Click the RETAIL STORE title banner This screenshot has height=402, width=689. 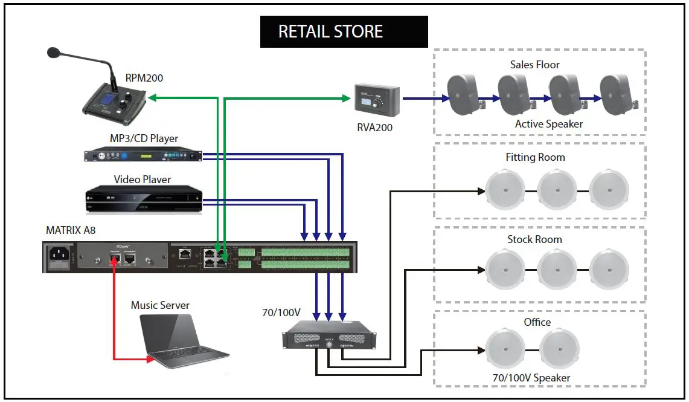point(344,31)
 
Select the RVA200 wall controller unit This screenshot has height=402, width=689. point(377,99)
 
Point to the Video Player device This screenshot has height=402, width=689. point(143,199)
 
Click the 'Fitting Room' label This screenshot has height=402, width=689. point(535,157)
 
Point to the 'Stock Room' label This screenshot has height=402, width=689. point(534,239)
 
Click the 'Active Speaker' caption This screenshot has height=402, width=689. point(549,124)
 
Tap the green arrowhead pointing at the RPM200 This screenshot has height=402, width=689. point(152,97)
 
